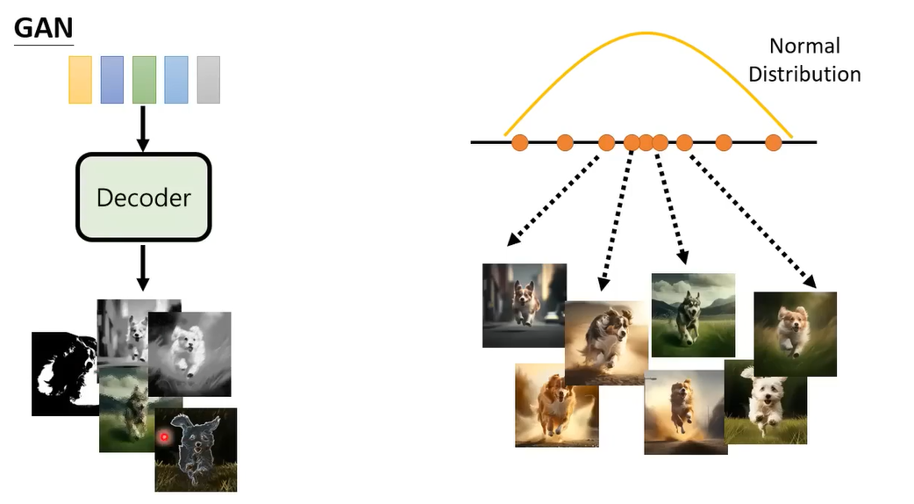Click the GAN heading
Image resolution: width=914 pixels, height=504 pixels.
43,28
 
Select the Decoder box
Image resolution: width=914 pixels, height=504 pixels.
144,197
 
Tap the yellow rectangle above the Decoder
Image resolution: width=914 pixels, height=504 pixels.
80,80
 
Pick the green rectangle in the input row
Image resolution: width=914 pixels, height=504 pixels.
144,80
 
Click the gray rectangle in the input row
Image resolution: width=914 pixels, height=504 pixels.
208,80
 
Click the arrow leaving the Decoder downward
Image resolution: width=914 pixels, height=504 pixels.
144,267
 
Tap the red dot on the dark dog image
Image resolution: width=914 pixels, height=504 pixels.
164,436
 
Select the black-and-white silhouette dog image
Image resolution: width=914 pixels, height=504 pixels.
63,373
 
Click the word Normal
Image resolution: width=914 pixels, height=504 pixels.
804,46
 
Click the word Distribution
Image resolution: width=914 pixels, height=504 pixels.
804,74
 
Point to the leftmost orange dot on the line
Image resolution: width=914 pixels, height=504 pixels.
519,142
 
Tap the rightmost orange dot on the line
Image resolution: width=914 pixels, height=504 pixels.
773,142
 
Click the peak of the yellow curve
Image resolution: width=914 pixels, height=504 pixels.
647,33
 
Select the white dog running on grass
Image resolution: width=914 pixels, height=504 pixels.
765,402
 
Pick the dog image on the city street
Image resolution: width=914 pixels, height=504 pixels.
524,305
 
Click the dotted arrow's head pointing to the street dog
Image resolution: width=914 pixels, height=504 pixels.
511,241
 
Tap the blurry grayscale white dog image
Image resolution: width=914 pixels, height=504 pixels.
190,353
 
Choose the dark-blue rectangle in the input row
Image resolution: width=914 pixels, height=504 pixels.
111,80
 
